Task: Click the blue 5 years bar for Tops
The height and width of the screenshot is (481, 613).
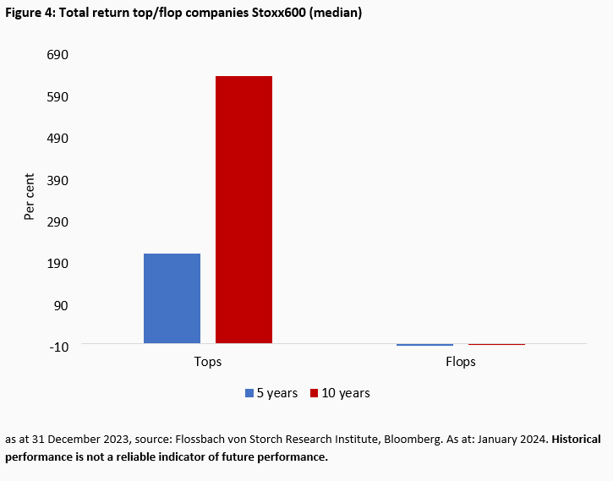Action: coord(172,298)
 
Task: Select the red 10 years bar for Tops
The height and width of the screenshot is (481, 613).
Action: coord(244,210)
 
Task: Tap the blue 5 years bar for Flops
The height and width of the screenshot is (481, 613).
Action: coord(424,345)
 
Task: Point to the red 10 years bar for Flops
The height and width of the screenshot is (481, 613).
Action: coord(496,344)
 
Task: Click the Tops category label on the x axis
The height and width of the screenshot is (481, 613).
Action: coord(207,362)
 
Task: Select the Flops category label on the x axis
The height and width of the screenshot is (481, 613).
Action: coord(460,362)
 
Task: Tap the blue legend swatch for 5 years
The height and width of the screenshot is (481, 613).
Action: coord(249,393)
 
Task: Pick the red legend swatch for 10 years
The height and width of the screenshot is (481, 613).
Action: coord(315,393)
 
